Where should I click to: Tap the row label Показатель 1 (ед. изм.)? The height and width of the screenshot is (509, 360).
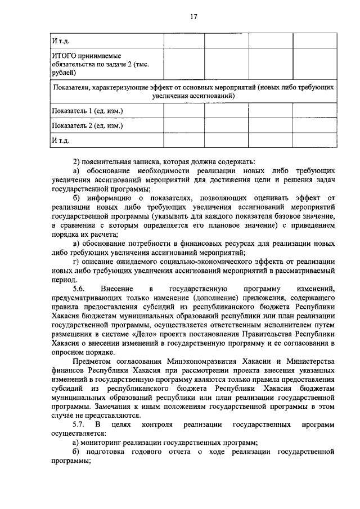pyautogui.click(x=87, y=111)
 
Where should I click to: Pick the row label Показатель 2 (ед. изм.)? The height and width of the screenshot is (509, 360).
pyautogui.click(x=87, y=125)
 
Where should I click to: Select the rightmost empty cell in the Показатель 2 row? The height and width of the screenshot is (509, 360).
pyautogui.click(x=314, y=125)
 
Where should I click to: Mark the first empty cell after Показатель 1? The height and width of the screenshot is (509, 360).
pyautogui.click(x=183, y=111)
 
